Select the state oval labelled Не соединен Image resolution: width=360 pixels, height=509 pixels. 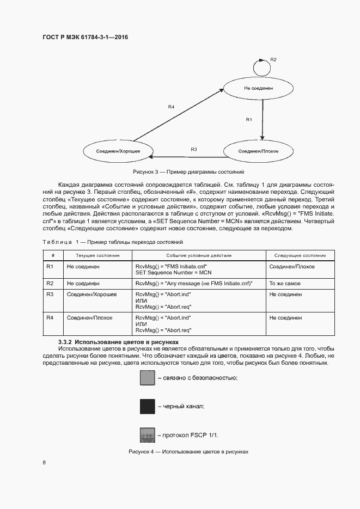258,87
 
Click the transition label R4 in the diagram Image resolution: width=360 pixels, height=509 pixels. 171,107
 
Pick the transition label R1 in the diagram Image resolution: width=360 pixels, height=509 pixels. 249,119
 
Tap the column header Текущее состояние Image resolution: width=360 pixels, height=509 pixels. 97,255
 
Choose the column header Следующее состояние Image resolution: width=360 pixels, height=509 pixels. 300,255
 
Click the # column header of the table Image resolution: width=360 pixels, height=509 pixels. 53,255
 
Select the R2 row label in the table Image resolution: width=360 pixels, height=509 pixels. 50,284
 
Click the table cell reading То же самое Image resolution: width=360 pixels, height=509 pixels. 285,284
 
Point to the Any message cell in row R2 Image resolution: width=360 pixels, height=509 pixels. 194,284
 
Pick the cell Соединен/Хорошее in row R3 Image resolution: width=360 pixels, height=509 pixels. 91,294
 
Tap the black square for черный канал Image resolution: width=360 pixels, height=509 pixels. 148,406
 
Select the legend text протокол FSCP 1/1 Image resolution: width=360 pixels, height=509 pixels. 191,436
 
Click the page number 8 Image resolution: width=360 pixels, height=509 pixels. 44,463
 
